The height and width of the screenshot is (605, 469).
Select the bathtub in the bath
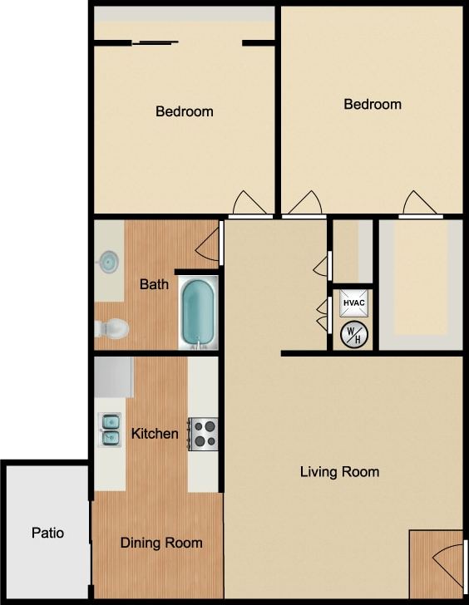click(198, 313)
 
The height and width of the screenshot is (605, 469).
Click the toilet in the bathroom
click(111, 329)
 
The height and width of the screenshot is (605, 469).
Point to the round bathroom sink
click(108, 262)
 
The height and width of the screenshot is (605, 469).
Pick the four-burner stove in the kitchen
click(204, 433)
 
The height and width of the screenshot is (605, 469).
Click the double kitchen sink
click(109, 429)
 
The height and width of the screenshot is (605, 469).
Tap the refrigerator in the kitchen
click(114, 377)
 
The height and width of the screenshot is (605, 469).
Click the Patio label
click(48, 533)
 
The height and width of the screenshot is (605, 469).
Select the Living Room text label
click(339, 472)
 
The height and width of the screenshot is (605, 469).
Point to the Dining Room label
click(161, 543)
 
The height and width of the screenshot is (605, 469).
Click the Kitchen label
click(155, 434)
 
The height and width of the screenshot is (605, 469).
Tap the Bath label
click(154, 284)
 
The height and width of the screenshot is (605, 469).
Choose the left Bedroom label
click(185, 111)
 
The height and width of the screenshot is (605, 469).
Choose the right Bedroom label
click(373, 104)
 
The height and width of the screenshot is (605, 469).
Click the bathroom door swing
click(208, 242)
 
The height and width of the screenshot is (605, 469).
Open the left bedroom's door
click(250, 204)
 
